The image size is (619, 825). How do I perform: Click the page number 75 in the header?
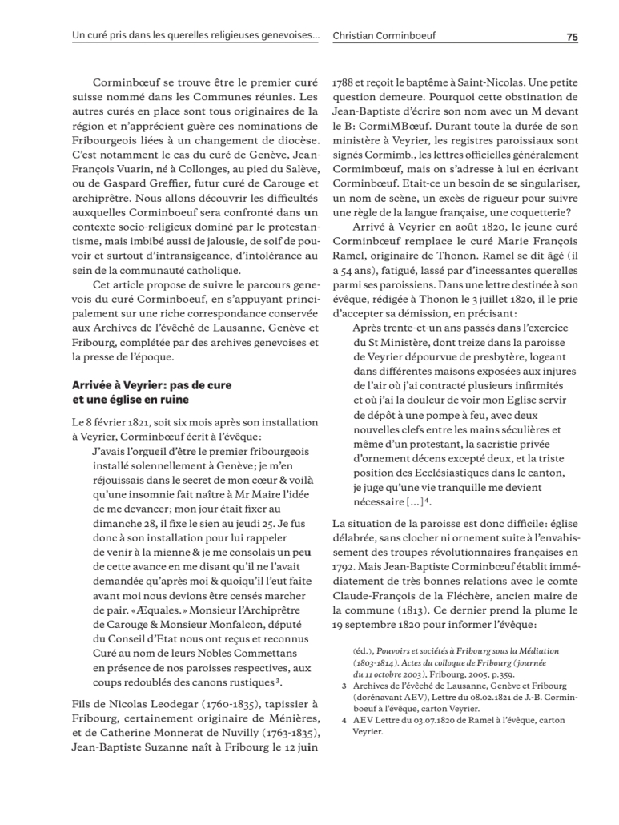coord(572,36)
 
